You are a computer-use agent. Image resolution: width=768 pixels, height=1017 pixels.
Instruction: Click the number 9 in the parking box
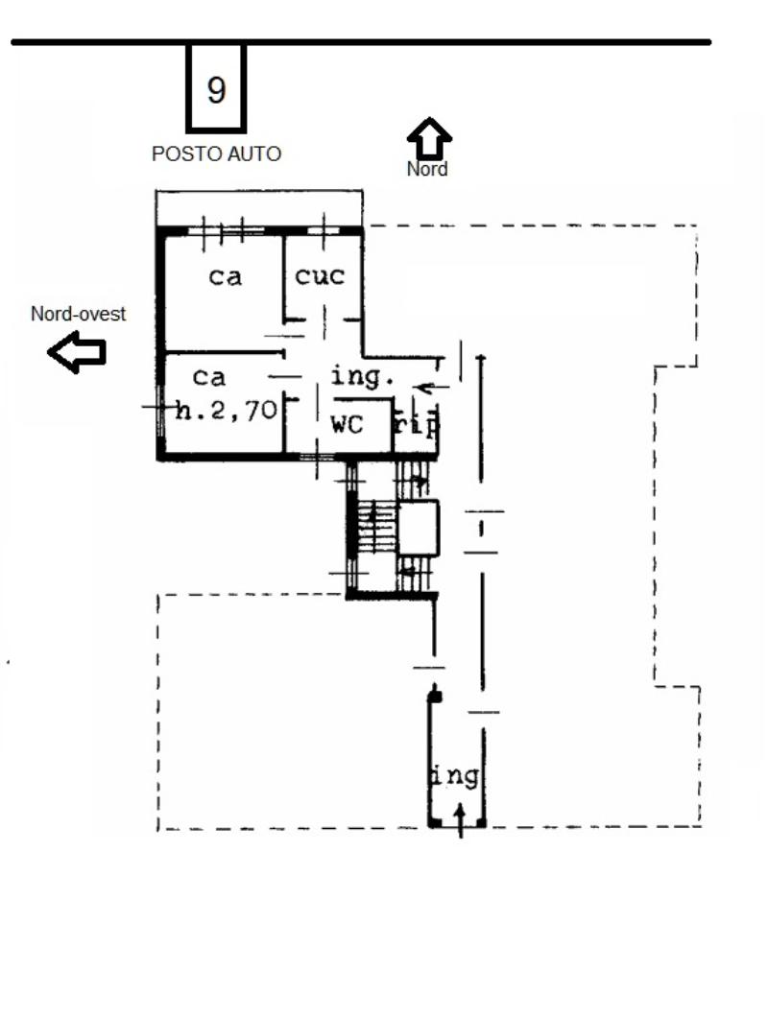coord(216,89)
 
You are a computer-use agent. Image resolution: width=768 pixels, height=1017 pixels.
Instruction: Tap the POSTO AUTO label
coord(216,154)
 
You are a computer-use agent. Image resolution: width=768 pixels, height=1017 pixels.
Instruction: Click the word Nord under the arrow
coord(427,169)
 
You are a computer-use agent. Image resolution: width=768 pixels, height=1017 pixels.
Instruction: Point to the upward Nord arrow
coord(429,137)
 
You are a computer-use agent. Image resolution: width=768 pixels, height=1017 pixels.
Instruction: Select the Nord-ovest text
coord(78,314)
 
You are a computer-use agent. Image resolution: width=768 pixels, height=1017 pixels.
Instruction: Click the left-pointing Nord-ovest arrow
coord(77,352)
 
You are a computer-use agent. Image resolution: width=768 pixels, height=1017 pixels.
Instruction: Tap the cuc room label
coord(320,277)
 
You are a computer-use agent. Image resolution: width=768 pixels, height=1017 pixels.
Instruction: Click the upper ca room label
coord(226,277)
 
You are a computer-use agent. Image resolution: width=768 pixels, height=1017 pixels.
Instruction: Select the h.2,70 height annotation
coord(227,410)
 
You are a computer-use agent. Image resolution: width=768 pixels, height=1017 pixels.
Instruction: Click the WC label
coord(348,425)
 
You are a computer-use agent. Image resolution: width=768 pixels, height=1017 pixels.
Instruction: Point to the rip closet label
coord(417,425)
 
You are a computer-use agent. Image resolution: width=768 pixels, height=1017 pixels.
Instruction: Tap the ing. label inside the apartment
coord(362,377)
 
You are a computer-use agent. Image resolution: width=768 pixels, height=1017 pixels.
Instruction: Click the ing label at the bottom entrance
coord(456,776)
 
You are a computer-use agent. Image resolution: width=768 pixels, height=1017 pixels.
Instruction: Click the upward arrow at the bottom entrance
coord(460,820)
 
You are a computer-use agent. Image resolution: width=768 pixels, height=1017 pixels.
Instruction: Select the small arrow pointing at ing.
coord(430,388)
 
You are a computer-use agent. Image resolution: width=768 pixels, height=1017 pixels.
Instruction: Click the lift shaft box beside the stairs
coord(418,528)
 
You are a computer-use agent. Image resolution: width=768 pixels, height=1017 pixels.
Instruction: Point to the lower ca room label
coord(209,377)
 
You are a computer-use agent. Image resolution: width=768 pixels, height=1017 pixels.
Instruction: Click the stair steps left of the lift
coord(376,528)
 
